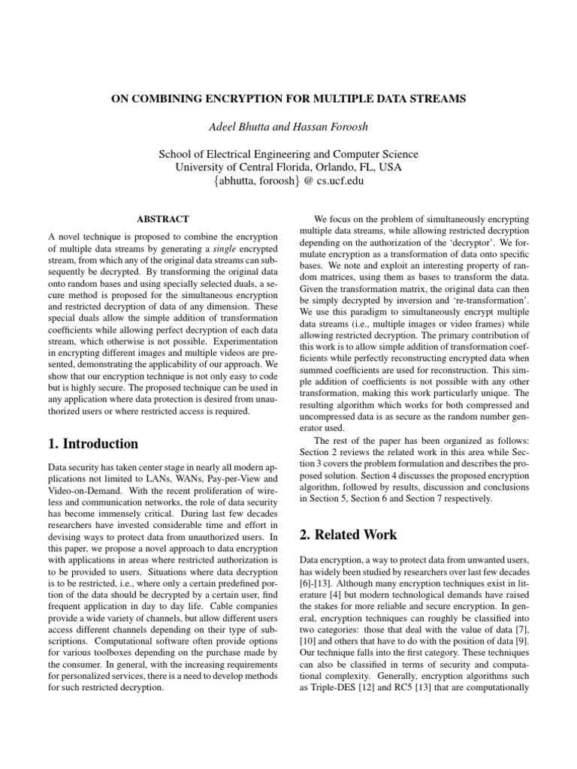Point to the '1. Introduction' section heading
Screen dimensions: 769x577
(93, 443)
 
